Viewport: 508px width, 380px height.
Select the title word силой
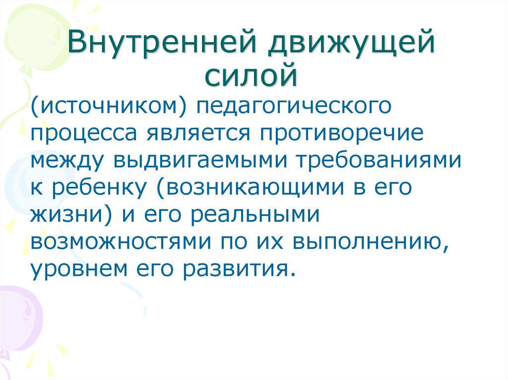[253, 75]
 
